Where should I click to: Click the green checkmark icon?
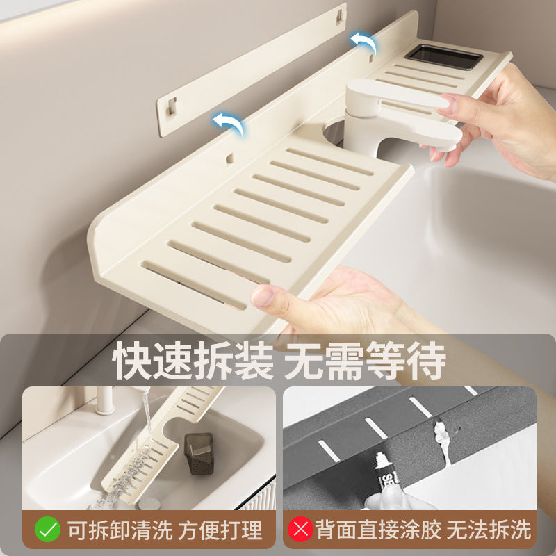47,530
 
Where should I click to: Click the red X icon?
300,530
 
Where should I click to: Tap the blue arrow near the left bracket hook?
229,124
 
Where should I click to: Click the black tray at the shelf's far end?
443,57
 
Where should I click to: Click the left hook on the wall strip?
171,106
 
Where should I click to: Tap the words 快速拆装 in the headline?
195,361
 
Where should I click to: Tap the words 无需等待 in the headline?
364,361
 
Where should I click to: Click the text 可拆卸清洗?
119,530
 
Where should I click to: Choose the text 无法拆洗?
489,530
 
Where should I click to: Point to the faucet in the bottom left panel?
105,400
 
